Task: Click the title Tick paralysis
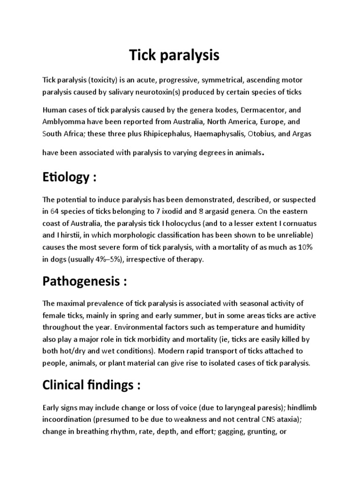click(174, 55)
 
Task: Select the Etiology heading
click(69, 177)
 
